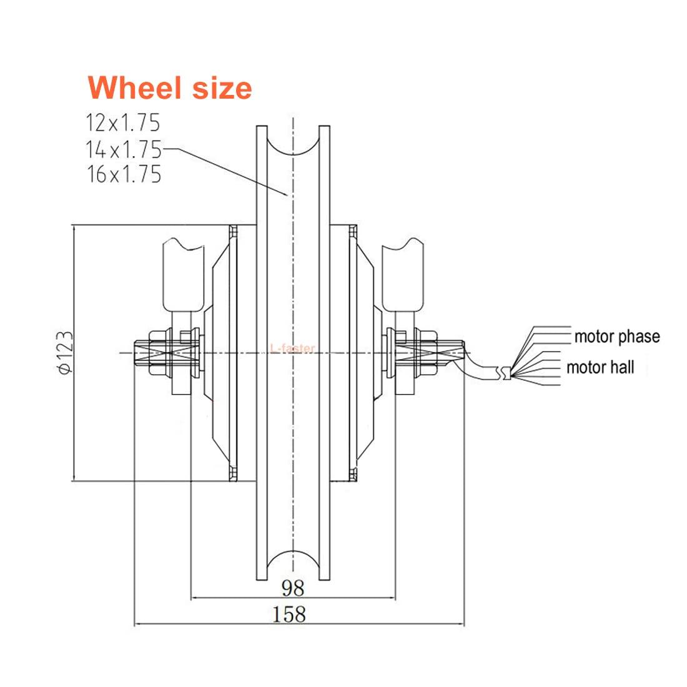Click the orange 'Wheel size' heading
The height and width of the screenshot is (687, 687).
(170, 87)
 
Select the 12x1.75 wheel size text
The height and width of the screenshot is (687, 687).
(123, 122)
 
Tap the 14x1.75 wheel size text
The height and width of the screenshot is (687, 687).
(123, 149)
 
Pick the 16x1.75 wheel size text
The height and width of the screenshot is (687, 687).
(124, 174)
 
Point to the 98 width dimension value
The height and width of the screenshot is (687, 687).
(292, 588)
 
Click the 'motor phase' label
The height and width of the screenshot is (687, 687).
(616, 337)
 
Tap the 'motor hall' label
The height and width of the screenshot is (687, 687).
(600, 367)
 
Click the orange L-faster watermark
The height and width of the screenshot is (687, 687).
(293, 348)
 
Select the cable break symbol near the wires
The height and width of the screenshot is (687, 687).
(503, 373)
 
